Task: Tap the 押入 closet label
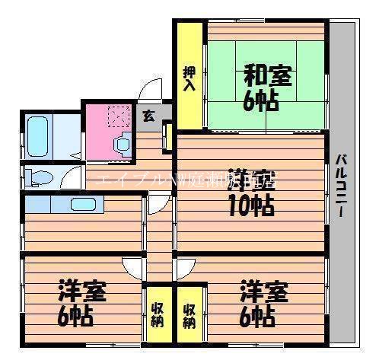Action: [189, 78]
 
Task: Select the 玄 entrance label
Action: [148, 116]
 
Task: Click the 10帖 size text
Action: [251, 204]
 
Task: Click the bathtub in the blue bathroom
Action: [38, 136]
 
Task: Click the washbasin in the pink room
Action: [122, 142]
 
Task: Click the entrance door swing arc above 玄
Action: [151, 91]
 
